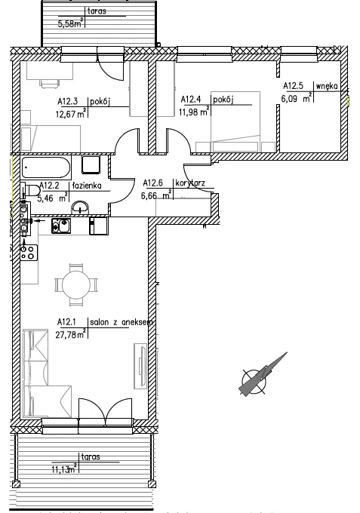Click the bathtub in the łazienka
[x=46, y=167]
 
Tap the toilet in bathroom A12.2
[x=30, y=190]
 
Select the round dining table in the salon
[x=76, y=284]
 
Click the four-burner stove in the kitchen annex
[x=29, y=253]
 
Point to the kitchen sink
[x=61, y=226]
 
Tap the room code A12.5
[x=293, y=86]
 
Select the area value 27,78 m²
[x=71, y=334]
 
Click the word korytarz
[x=190, y=183]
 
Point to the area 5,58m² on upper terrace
[x=70, y=24]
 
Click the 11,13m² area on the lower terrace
[x=65, y=469]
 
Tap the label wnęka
[x=327, y=86]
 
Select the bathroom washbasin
[x=80, y=207]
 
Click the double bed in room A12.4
[x=235, y=121]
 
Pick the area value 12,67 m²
[x=71, y=114]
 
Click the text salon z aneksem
[x=121, y=322]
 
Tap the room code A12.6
[x=153, y=183]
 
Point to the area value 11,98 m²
[x=194, y=112]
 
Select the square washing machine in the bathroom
[x=91, y=164]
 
